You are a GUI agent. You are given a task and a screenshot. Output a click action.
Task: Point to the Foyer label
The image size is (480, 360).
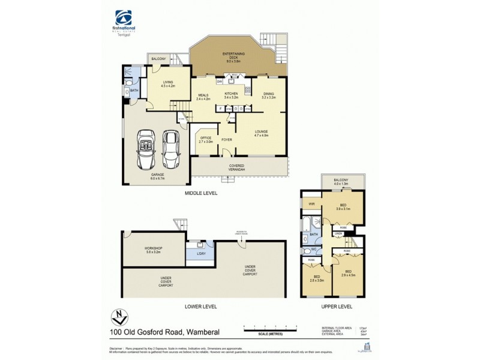(227, 140)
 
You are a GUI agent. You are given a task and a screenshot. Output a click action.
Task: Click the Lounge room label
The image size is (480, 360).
(260, 133)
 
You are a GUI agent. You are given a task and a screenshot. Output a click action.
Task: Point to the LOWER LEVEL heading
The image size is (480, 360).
(202, 306)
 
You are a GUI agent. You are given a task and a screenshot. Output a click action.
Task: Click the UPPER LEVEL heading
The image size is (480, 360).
(334, 306)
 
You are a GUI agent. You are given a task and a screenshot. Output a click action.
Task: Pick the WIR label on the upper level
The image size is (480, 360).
(311, 204)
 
